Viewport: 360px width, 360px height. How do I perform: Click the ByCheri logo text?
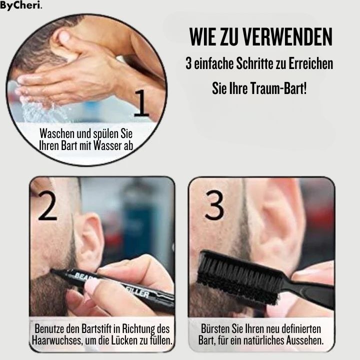[20, 6]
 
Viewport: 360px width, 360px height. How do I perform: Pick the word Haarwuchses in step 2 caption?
[55, 341]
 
